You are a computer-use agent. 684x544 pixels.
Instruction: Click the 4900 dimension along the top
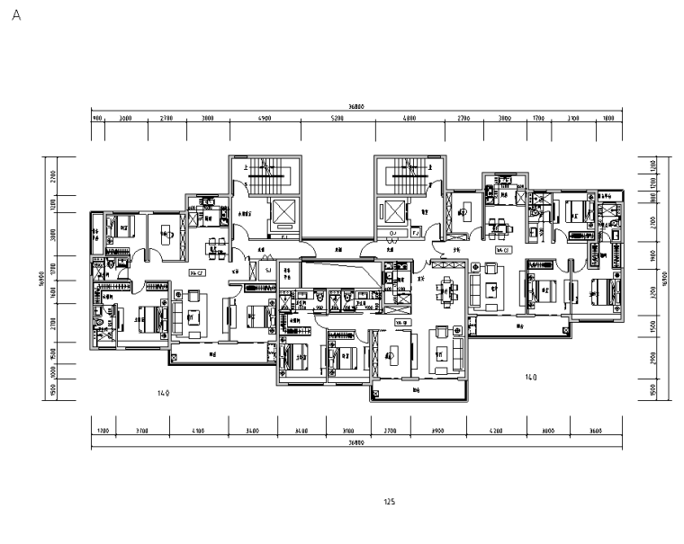pyautogui.click(x=265, y=118)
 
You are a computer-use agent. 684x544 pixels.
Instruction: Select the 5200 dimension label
pyautogui.click(x=337, y=118)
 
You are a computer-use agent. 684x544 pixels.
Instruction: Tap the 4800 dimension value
pyautogui.click(x=409, y=118)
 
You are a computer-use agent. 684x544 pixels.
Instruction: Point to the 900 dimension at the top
pyautogui.click(x=97, y=118)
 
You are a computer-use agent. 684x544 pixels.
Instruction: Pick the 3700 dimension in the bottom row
pyautogui.click(x=142, y=432)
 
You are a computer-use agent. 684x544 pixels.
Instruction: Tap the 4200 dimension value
pyautogui.click(x=498, y=432)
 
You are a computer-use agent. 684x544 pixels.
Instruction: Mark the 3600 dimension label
pyautogui.click(x=595, y=432)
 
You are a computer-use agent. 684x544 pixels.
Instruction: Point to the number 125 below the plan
pyautogui.click(x=390, y=503)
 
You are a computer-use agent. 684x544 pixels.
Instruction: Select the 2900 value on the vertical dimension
pyautogui.click(x=654, y=359)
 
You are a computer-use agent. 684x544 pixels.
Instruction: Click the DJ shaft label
pyautogui.click(x=394, y=234)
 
